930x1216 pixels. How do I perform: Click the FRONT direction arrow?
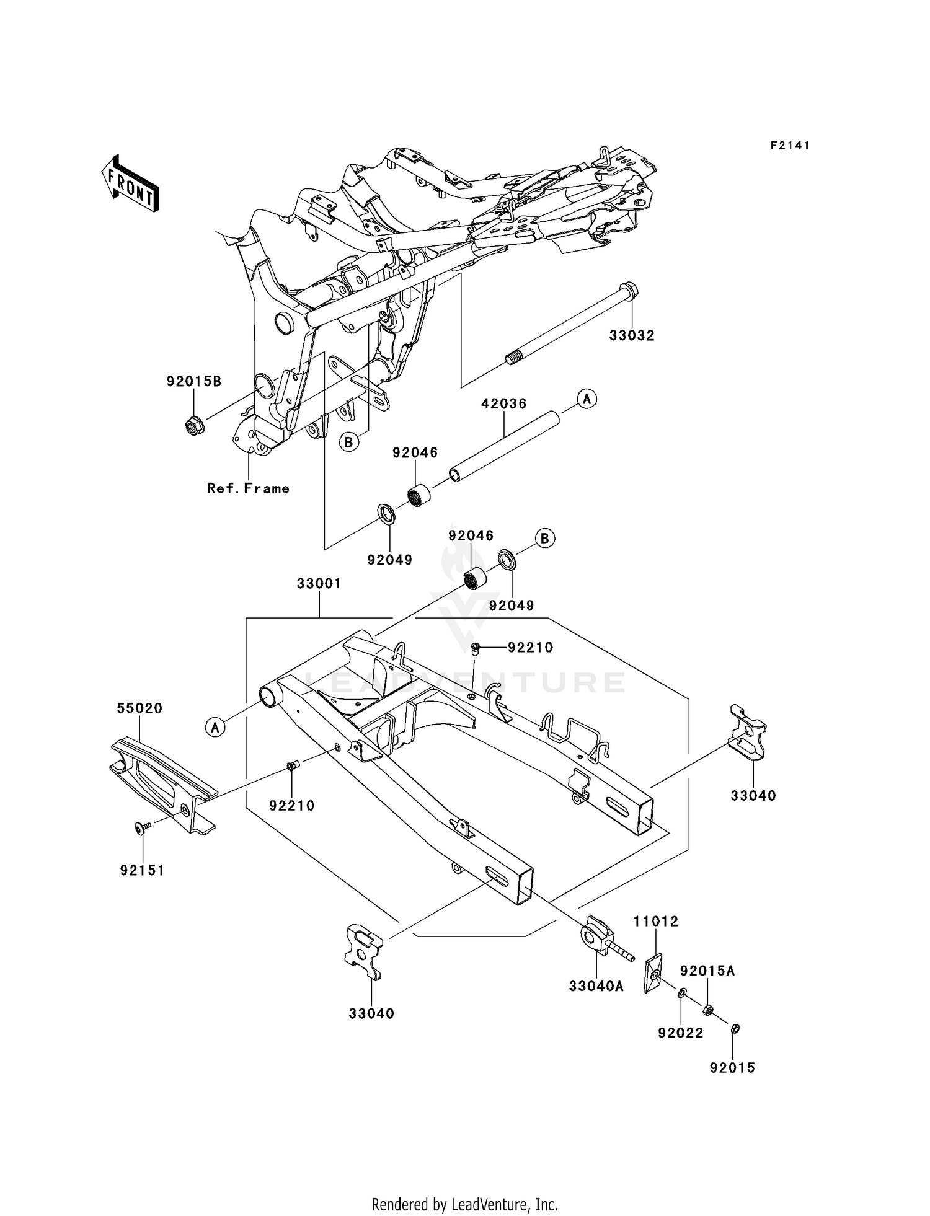point(130,185)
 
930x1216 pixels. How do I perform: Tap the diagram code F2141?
point(790,146)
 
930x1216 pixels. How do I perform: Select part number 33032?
point(631,336)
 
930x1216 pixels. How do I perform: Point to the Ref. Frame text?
point(248,488)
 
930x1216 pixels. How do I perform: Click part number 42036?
point(503,404)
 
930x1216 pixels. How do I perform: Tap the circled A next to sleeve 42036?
point(587,399)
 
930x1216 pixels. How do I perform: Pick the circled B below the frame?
point(349,443)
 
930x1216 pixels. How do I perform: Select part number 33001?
point(319,584)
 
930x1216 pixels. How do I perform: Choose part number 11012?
point(655,922)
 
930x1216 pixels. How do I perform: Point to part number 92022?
point(681,1033)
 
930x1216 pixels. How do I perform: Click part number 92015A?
point(707,971)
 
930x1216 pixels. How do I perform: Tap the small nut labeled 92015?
point(733,1029)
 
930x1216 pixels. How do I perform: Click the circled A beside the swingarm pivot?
point(215,727)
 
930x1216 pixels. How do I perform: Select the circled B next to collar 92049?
point(544,538)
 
